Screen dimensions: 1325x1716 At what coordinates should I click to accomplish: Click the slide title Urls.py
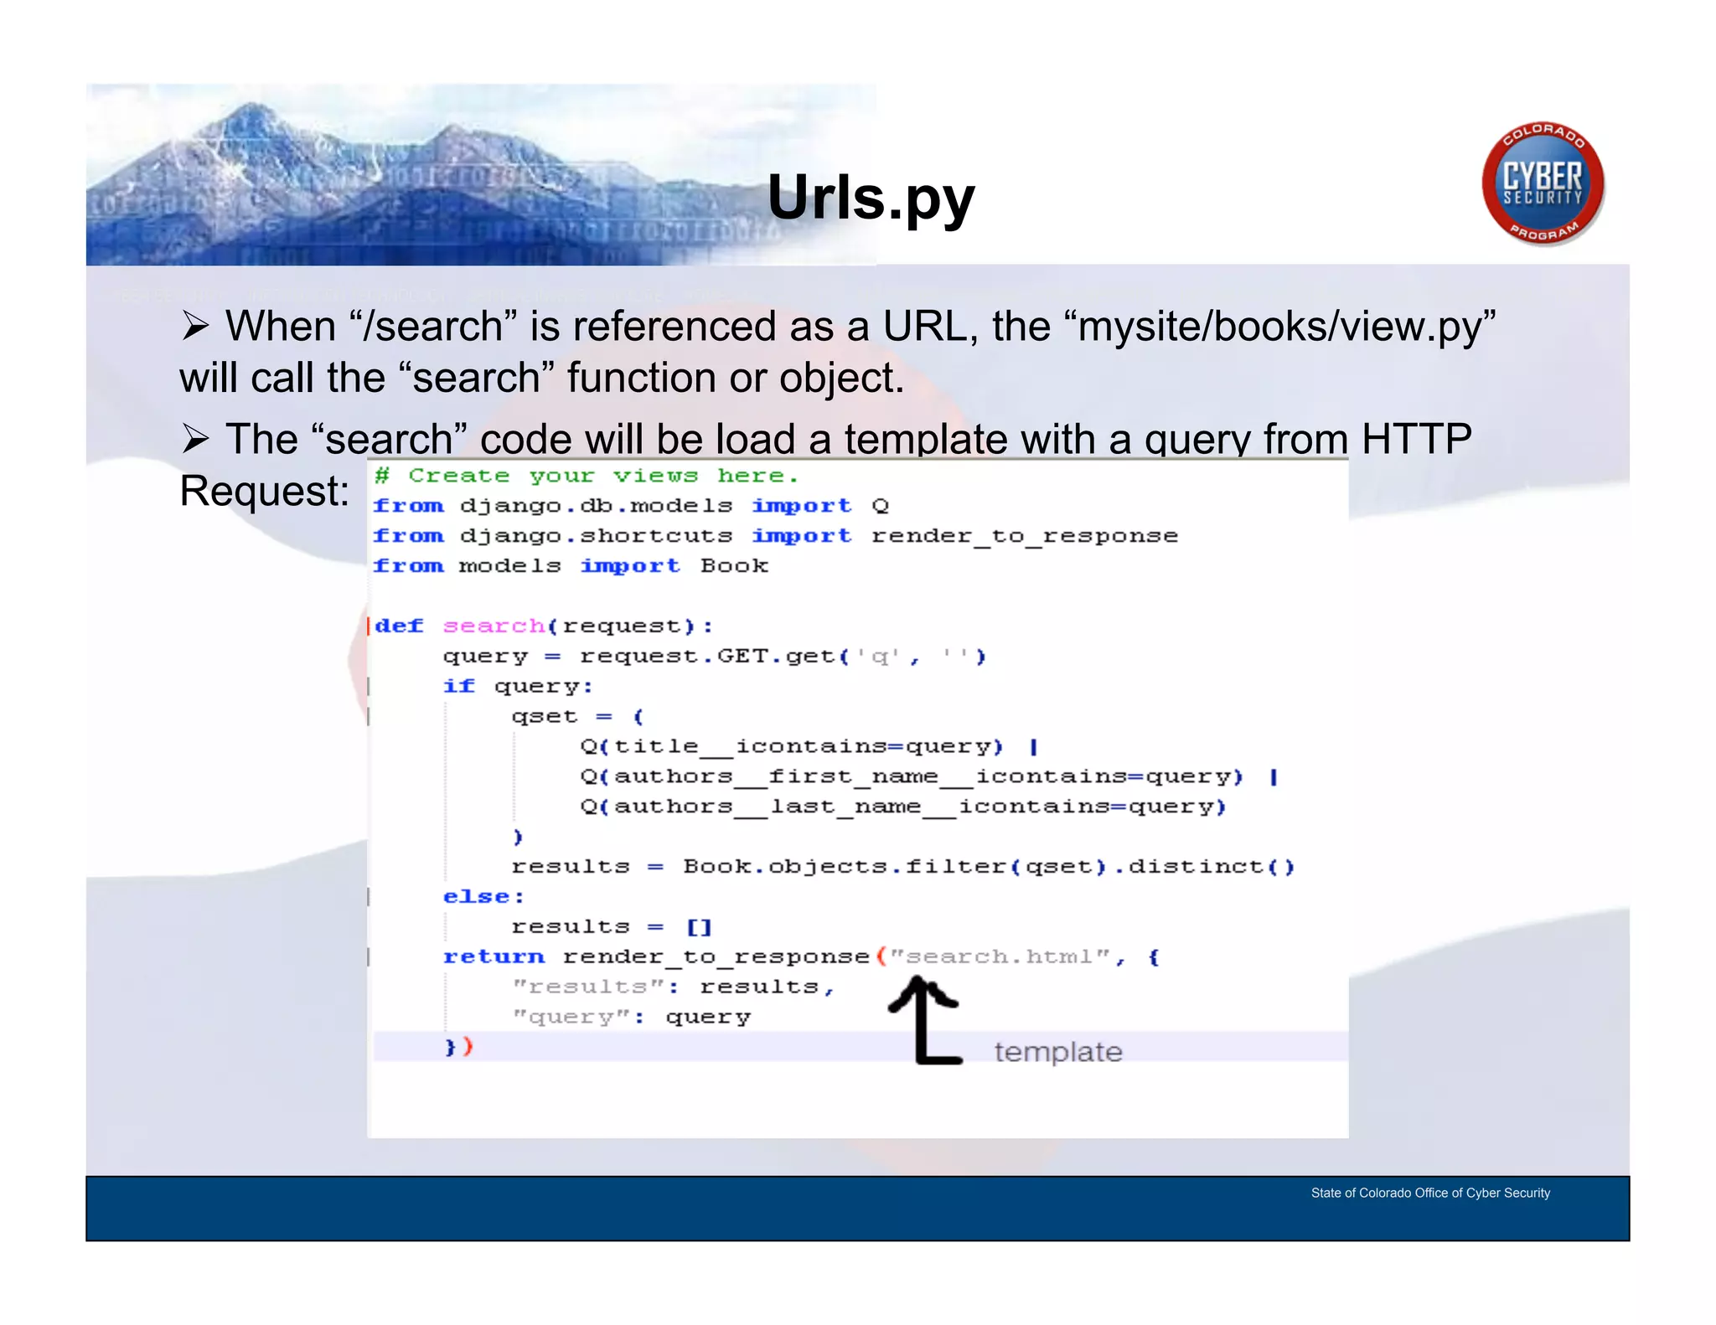coord(871,198)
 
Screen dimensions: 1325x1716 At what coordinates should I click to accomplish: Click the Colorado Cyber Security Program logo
coord(1543,184)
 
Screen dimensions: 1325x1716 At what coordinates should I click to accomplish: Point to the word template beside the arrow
coord(1057,1052)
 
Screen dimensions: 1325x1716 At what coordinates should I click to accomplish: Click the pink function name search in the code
coord(494,626)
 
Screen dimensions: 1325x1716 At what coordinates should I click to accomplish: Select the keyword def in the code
coord(399,626)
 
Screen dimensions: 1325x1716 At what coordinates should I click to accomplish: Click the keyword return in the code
coord(494,956)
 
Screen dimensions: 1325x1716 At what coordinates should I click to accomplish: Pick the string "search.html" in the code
coord(999,956)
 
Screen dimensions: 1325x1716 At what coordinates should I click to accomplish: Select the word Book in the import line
coord(734,566)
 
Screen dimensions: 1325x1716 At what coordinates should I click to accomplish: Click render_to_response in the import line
coord(1024,536)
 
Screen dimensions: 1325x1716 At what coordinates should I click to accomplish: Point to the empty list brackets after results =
coord(699,927)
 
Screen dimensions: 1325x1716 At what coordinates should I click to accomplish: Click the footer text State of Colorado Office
coord(1429,1193)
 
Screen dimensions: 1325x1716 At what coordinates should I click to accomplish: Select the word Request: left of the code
coord(264,491)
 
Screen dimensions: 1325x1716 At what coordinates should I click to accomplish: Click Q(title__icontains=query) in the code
coord(791,746)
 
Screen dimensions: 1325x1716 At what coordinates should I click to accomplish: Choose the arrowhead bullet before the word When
coord(195,326)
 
